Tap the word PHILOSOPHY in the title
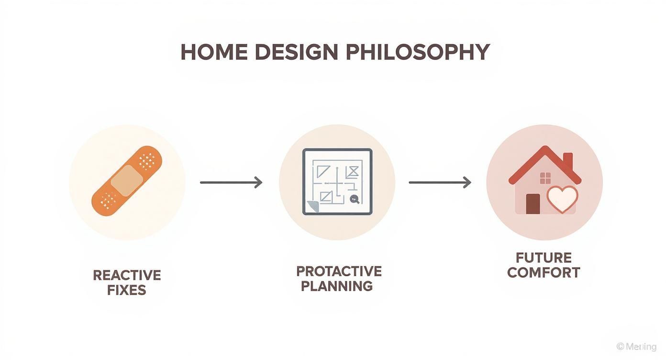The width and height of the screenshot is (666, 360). tap(418, 52)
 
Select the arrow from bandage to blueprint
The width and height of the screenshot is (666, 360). tap(231, 182)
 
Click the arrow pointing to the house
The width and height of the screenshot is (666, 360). tap(440, 182)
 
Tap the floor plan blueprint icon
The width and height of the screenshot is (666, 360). tap(337, 182)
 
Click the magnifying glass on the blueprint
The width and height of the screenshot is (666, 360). tap(355, 199)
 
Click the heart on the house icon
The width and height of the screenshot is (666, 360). tap(562, 199)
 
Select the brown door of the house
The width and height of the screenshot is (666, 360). tap(533, 204)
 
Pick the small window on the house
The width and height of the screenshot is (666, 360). tap(545, 178)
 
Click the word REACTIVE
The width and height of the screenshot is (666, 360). tap(127, 275)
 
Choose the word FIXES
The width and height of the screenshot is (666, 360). tap(127, 290)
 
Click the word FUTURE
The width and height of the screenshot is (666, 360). tap(544, 258)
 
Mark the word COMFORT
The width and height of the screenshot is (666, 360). tap(544, 273)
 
